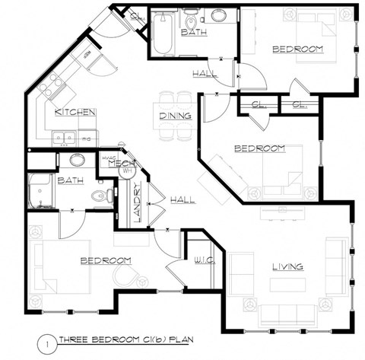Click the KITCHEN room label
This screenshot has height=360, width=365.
tap(75, 112)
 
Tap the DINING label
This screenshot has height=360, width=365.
tap(174, 116)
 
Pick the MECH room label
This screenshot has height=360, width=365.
tap(121, 164)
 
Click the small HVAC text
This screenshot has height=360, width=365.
tap(107, 158)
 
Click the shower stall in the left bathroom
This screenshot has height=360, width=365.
tap(39, 191)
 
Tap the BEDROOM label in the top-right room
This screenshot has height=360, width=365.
tap(297, 49)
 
